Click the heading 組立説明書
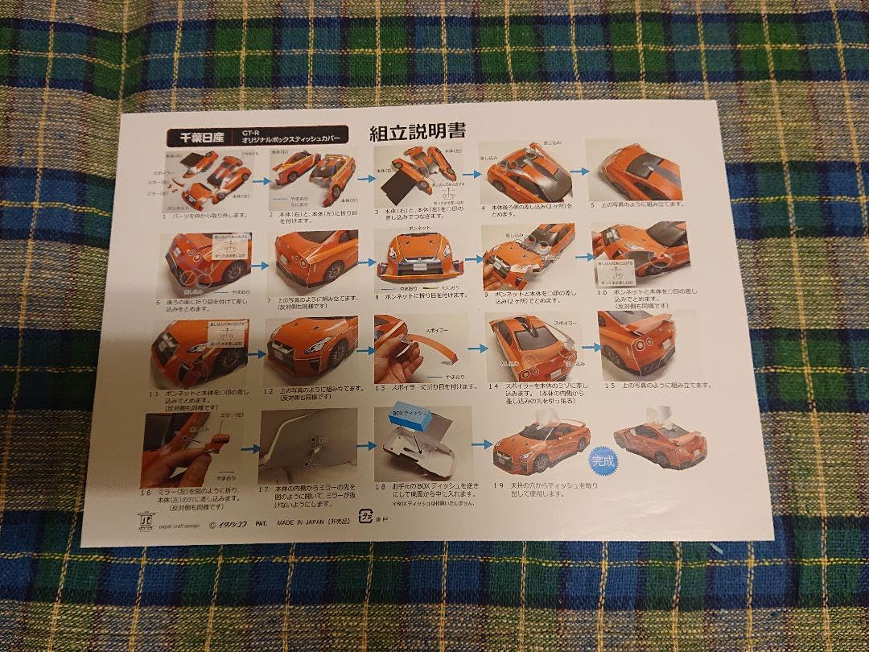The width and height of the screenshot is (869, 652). click(x=418, y=132)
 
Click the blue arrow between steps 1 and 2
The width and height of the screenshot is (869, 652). click(x=259, y=183)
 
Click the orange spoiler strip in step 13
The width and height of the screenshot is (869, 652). click(x=435, y=348)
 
